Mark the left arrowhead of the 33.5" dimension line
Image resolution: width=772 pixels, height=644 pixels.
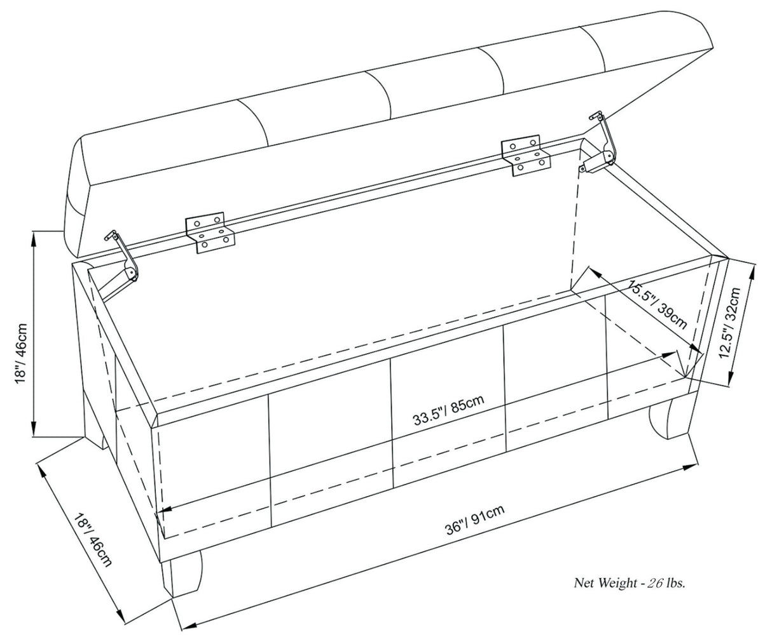162,510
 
